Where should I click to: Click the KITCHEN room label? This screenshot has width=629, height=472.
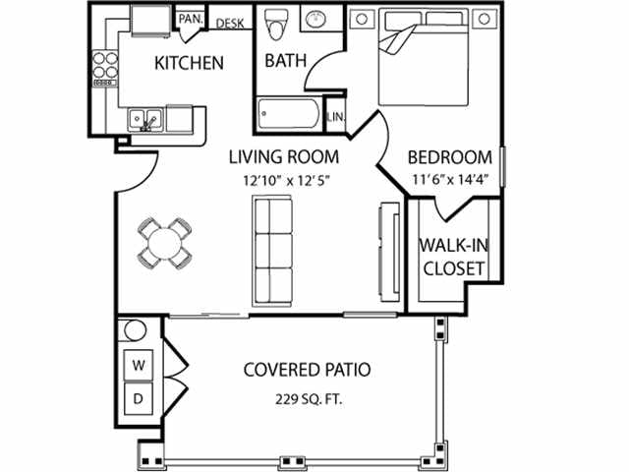tap(189, 63)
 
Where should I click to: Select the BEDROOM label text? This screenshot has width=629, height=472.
tap(449, 157)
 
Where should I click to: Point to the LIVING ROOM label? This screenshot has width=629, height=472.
tap(284, 156)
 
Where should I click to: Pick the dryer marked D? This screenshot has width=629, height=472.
tap(139, 399)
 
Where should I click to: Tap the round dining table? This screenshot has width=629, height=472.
tap(163, 241)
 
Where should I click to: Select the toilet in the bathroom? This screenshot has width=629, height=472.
tap(277, 23)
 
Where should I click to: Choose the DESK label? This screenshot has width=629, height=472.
tap(230, 24)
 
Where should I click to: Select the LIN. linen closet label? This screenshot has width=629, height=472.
tap(334, 117)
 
